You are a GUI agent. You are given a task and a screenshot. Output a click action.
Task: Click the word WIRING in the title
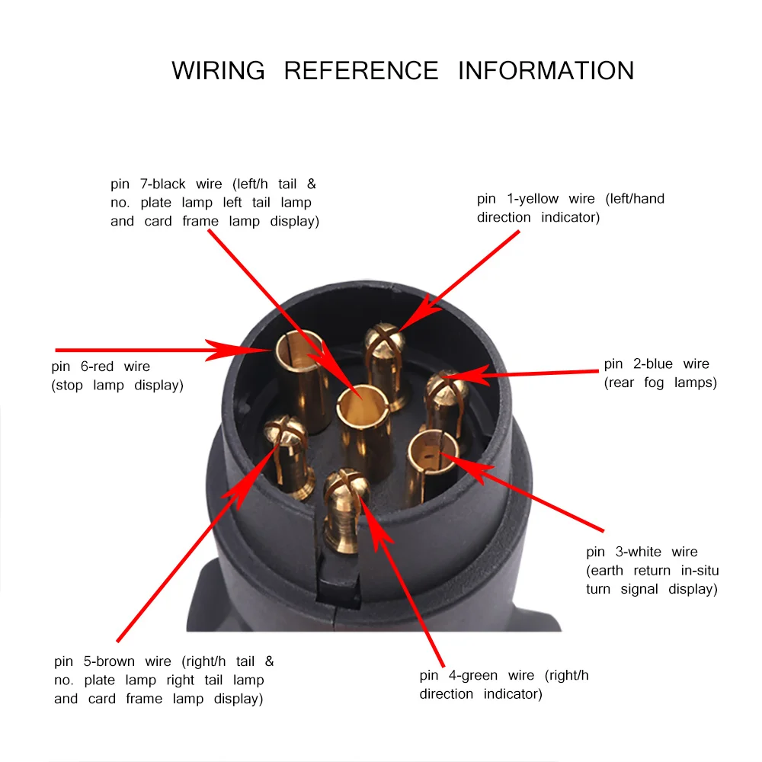click(218, 70)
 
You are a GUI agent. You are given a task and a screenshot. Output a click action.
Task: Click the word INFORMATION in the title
click(546, 70)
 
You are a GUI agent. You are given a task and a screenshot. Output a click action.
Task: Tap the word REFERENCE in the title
click(361, 70)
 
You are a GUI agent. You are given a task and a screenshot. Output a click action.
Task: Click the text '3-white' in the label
click(636, 552)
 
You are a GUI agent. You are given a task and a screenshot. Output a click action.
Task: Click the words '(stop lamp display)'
click(117, 385)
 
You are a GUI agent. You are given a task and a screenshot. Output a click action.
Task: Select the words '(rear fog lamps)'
click(660, 383)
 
